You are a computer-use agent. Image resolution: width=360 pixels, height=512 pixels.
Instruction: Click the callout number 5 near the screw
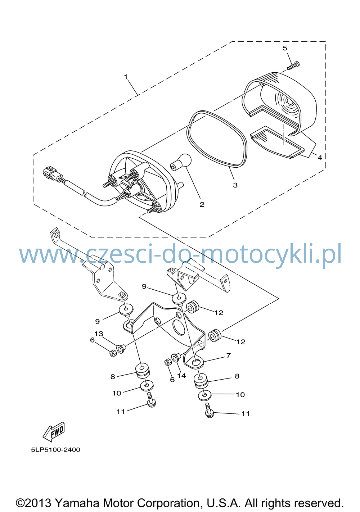point(285,48)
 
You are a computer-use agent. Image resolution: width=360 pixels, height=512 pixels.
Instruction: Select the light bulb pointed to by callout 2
point(181,162)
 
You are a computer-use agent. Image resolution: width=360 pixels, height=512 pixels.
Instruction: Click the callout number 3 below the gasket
point(235,185)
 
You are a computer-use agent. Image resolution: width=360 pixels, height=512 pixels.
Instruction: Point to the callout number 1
point(126,77)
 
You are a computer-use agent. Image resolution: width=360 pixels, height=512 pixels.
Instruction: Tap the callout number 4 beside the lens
point(320,158)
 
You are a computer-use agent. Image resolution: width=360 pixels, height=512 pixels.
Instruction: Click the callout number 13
point(99,334)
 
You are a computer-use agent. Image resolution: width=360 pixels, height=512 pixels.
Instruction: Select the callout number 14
point(181,376)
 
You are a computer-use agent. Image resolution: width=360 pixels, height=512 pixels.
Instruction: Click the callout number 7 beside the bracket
point(229,355)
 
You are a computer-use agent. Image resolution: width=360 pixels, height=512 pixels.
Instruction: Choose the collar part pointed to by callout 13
point(121,349)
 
